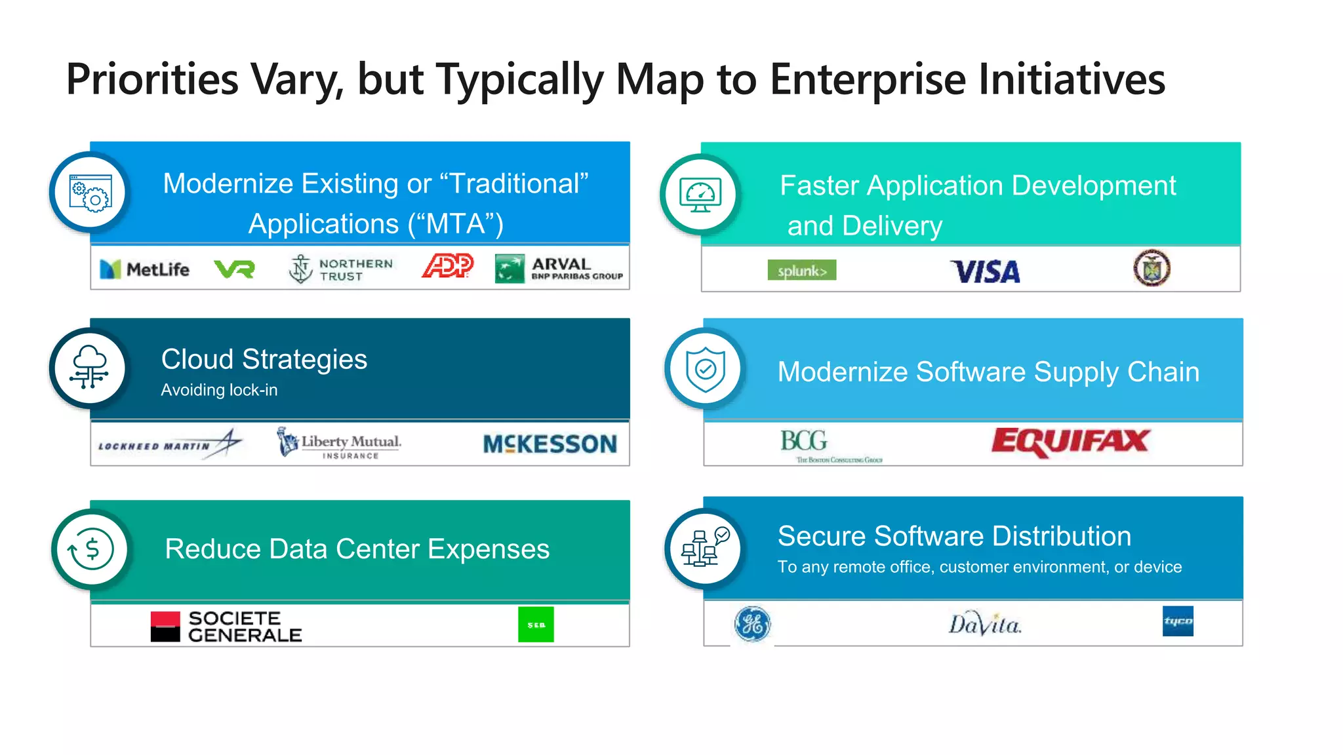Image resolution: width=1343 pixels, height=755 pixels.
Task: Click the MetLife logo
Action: (144, 269)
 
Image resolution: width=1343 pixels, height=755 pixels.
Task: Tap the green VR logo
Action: (234, 269)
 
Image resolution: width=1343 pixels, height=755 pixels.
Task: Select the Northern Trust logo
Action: (341, 269)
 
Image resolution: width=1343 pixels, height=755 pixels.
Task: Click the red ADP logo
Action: (448, 266)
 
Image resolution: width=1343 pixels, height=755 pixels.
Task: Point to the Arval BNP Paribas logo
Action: (559, 269)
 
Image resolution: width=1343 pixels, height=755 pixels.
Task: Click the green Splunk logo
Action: (801, 270)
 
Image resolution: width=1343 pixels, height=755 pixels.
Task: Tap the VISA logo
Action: (986, 271)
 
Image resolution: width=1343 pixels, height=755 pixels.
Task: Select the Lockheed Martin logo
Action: (169, 444)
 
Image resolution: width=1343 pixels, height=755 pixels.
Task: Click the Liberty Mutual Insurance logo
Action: (339, 443)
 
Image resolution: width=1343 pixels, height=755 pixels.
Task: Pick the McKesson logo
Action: (550, 444)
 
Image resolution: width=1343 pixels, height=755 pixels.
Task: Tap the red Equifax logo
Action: (1070, 442)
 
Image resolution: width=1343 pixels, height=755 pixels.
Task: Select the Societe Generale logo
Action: (226, 627)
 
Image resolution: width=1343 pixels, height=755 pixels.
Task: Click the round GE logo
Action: (752, 624)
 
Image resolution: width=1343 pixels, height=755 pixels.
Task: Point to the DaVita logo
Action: (984, 624)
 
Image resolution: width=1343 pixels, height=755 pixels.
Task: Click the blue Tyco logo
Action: (1178, 621)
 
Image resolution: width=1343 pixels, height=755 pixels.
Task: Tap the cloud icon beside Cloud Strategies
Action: (90, 368)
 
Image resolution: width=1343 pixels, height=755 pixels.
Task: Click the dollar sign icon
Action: (91, 549)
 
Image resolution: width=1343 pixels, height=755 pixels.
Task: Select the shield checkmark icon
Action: (705, 370)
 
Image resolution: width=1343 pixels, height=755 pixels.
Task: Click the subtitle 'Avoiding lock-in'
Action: (219, 390)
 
